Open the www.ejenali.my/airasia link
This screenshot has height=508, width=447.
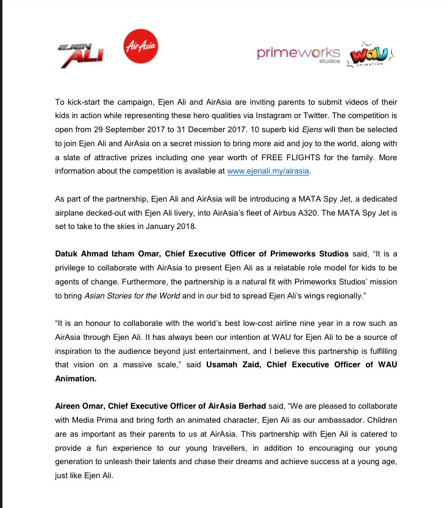[x=268, y=172]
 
